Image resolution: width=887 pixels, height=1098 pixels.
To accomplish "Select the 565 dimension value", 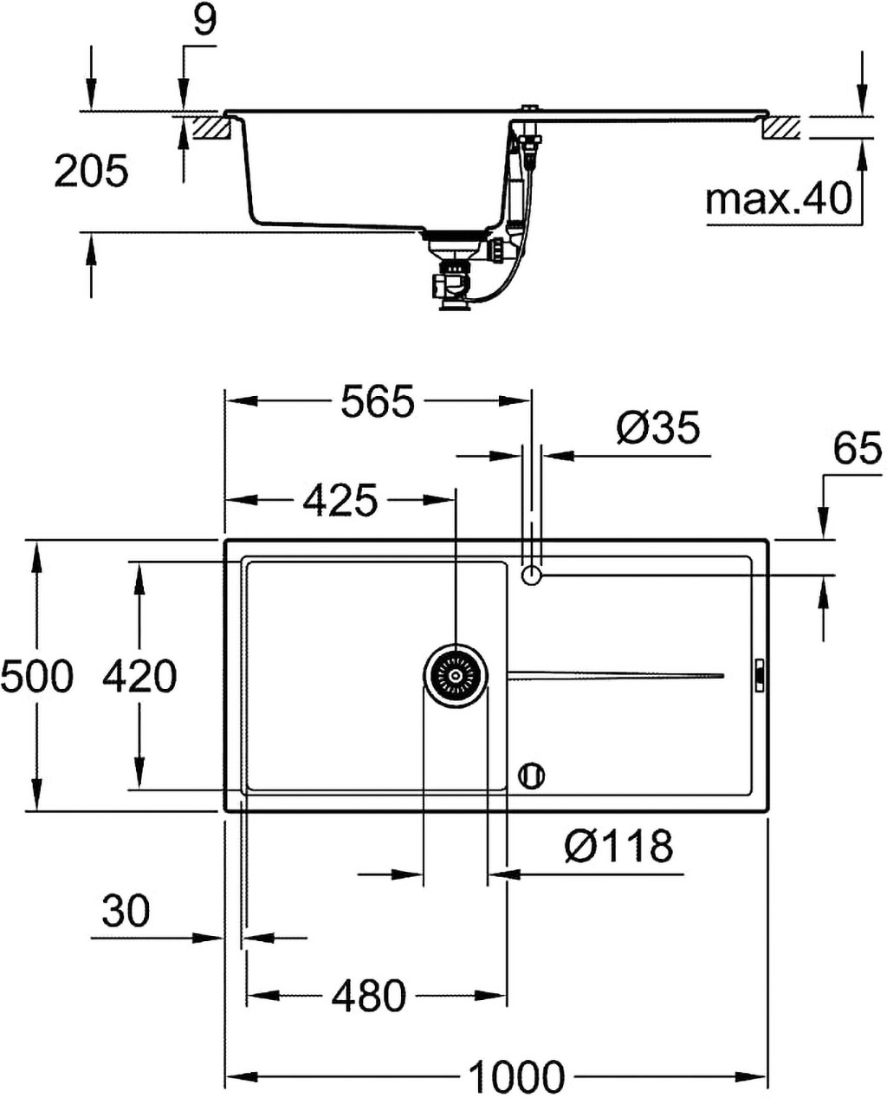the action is [378, 401].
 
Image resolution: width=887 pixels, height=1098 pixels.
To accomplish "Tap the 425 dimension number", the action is [340, 500].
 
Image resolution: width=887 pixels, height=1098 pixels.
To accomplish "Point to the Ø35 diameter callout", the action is [658, 427].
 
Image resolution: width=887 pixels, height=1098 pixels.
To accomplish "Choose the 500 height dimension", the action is [36, 676].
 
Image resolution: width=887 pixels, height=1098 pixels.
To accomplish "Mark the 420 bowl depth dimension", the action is [139, 676].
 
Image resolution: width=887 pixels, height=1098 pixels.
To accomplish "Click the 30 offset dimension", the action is [126, 911].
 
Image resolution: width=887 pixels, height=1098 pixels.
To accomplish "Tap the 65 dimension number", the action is [858, 449].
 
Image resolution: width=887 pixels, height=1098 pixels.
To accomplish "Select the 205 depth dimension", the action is [91, 171].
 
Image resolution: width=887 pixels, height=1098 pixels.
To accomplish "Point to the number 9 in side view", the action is [204, 21].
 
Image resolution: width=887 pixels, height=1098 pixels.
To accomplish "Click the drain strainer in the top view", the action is [456, 675].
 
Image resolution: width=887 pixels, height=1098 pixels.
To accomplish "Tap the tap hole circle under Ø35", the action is [531, 575].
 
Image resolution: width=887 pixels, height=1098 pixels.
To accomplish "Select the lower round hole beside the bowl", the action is [531, 776].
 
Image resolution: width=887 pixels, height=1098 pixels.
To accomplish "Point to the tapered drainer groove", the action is [616, 675].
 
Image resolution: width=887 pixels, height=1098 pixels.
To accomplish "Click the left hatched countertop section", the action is [210, 127].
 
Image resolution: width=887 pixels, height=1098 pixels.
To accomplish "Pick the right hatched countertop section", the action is [781, 128].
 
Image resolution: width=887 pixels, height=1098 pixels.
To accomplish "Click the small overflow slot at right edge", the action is [760, 675].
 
